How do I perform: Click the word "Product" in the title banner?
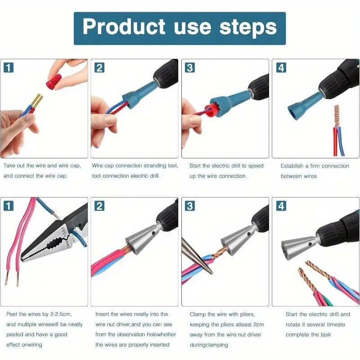point(124,27)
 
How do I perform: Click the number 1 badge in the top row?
point(9,68)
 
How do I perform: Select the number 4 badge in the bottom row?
point(281,206)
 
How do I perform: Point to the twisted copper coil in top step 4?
point(337,116)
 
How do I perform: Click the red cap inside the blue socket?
point(211,111)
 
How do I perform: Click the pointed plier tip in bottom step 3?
point(211,273)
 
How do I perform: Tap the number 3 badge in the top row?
point(190,68)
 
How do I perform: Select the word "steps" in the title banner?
point(248,27)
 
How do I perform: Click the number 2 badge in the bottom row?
point(99,206)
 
